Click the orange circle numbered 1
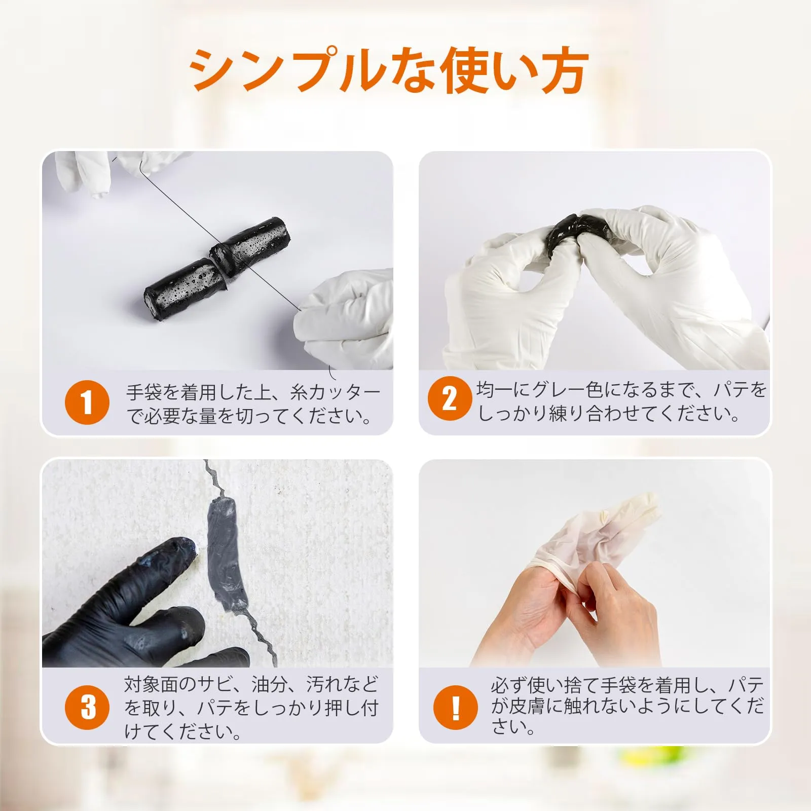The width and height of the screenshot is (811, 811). coord(87,402)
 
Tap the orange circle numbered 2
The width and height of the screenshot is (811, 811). coord(450,398)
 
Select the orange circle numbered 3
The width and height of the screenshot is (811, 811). coord(87,707)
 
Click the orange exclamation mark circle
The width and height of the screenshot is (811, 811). coord(455,707)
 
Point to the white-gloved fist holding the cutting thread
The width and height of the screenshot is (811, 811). coord(345,319)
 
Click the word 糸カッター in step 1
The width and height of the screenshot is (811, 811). coord(335,392)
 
